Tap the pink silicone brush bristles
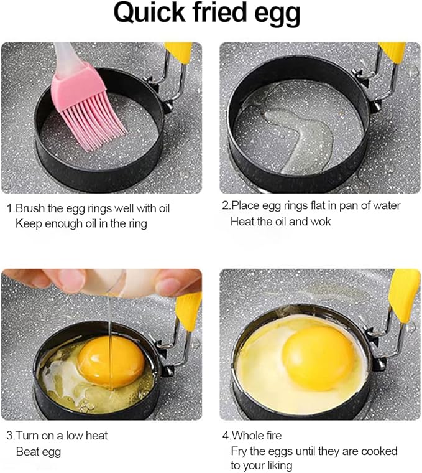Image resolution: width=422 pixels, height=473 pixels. click(x=93, y=112)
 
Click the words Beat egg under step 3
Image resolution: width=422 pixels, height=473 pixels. click(x=38, y=451)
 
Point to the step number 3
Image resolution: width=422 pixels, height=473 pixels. click(x=9, y=436)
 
